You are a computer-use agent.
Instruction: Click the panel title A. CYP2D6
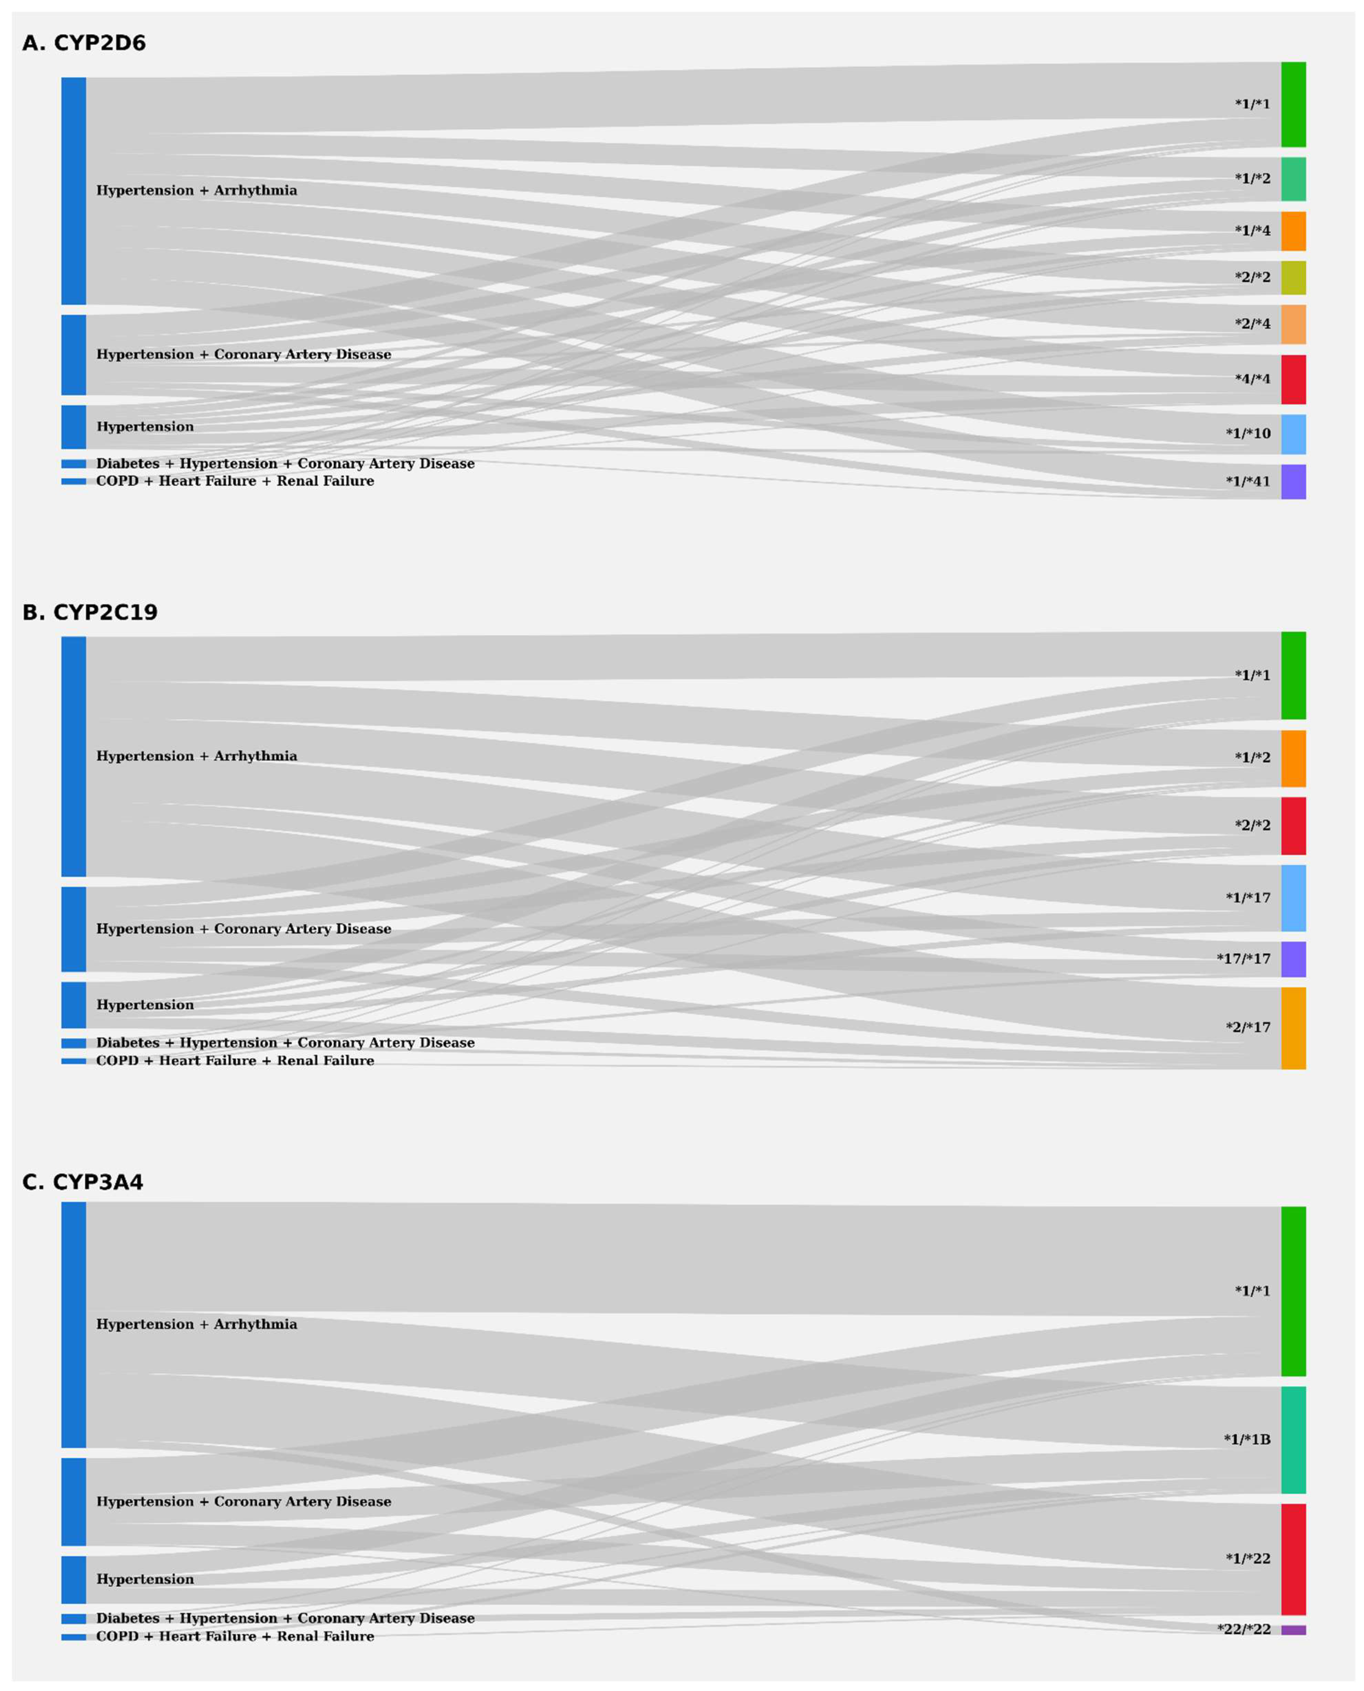(84, 43)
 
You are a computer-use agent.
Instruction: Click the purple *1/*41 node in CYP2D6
(1293, 482)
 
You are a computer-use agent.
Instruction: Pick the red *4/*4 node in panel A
(1293, 379)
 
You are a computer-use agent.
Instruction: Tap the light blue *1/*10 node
(1293, 435)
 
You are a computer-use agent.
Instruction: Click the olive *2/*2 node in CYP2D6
(1293, 277)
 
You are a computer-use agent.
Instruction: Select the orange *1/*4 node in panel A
(1293, 231)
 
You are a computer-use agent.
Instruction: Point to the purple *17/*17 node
(1293, 959)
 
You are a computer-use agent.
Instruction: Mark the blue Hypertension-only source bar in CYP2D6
(74, 427)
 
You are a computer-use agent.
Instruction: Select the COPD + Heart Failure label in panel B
(235, 1061)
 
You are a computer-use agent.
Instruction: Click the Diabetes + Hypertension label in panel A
(285, 464)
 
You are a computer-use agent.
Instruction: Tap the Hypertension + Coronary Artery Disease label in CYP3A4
(244, 1501)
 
